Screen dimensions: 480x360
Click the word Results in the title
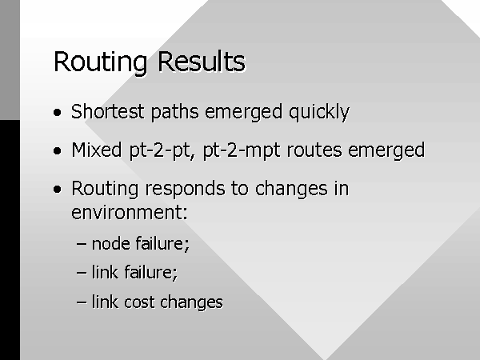coord(202,62)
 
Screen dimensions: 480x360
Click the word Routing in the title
coord(101,63)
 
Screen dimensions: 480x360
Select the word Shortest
coord(107,111)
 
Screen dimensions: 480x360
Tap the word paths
coord(174,112)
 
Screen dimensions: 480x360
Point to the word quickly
coord(319,112)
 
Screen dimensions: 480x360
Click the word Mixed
coord(97,150)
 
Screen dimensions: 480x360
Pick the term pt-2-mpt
coord(242,151)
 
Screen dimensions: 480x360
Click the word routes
coord(314,150)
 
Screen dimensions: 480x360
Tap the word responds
coord(185,189)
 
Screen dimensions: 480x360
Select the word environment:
coord(129,212)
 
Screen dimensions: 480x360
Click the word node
coord(110,244)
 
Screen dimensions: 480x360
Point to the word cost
coord(139,302)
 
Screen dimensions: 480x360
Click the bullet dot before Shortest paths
coord(58,112)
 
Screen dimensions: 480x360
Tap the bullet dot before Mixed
coord(58,151)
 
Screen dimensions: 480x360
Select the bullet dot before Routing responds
coord(58,190)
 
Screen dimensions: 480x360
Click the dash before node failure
coord(82,244)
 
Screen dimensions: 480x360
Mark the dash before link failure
coord(82,273)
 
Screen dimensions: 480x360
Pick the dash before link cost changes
coord(82,302)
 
